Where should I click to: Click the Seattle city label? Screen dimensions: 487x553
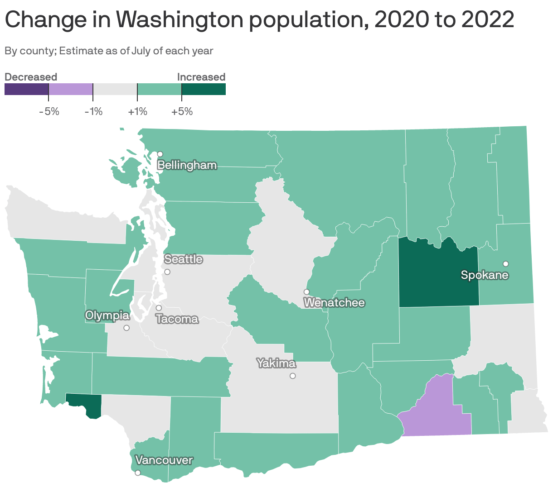pyautogui.click(x=183, y=259)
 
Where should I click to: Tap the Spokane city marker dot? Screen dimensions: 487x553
pyautogui.click(x=505, y=264)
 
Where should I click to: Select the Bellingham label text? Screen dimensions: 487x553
pyautogui.click(x=187, y=165)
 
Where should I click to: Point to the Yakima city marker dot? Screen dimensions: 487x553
pyautogui.click(x=293, y=376)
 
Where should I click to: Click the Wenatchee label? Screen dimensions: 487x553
pyautogui.click(x=334, y=302)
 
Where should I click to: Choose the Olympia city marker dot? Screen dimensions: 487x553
pyautogui.click(x=126, y=328)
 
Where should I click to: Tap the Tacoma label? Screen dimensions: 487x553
pyautogui.click(x=177, y=319)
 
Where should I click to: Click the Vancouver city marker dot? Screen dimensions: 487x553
pyautogui.click(x=138, y=473)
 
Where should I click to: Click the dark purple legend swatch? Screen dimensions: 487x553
pyautogui.click(x=26, y=89)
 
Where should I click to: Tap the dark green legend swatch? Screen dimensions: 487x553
pyautogui.click(x=204, y=89)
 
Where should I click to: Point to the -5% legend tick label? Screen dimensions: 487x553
pyautogui.click(x=49, y=111)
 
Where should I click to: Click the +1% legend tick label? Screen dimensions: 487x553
pyautogui.click(x=137, y=111)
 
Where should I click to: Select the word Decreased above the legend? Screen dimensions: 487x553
pyautogui.click(x=31, y=77)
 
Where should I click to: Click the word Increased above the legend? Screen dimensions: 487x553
pyautogui.click(x=201, y=77)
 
